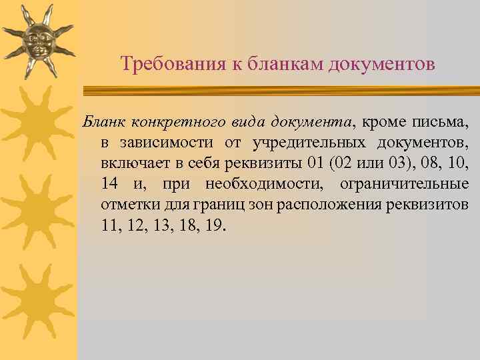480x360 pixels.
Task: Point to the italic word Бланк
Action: (102, 123)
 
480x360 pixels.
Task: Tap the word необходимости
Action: (267, 183)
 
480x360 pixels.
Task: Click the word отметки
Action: (127, 203)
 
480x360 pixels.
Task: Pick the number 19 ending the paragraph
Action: (215, 224)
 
